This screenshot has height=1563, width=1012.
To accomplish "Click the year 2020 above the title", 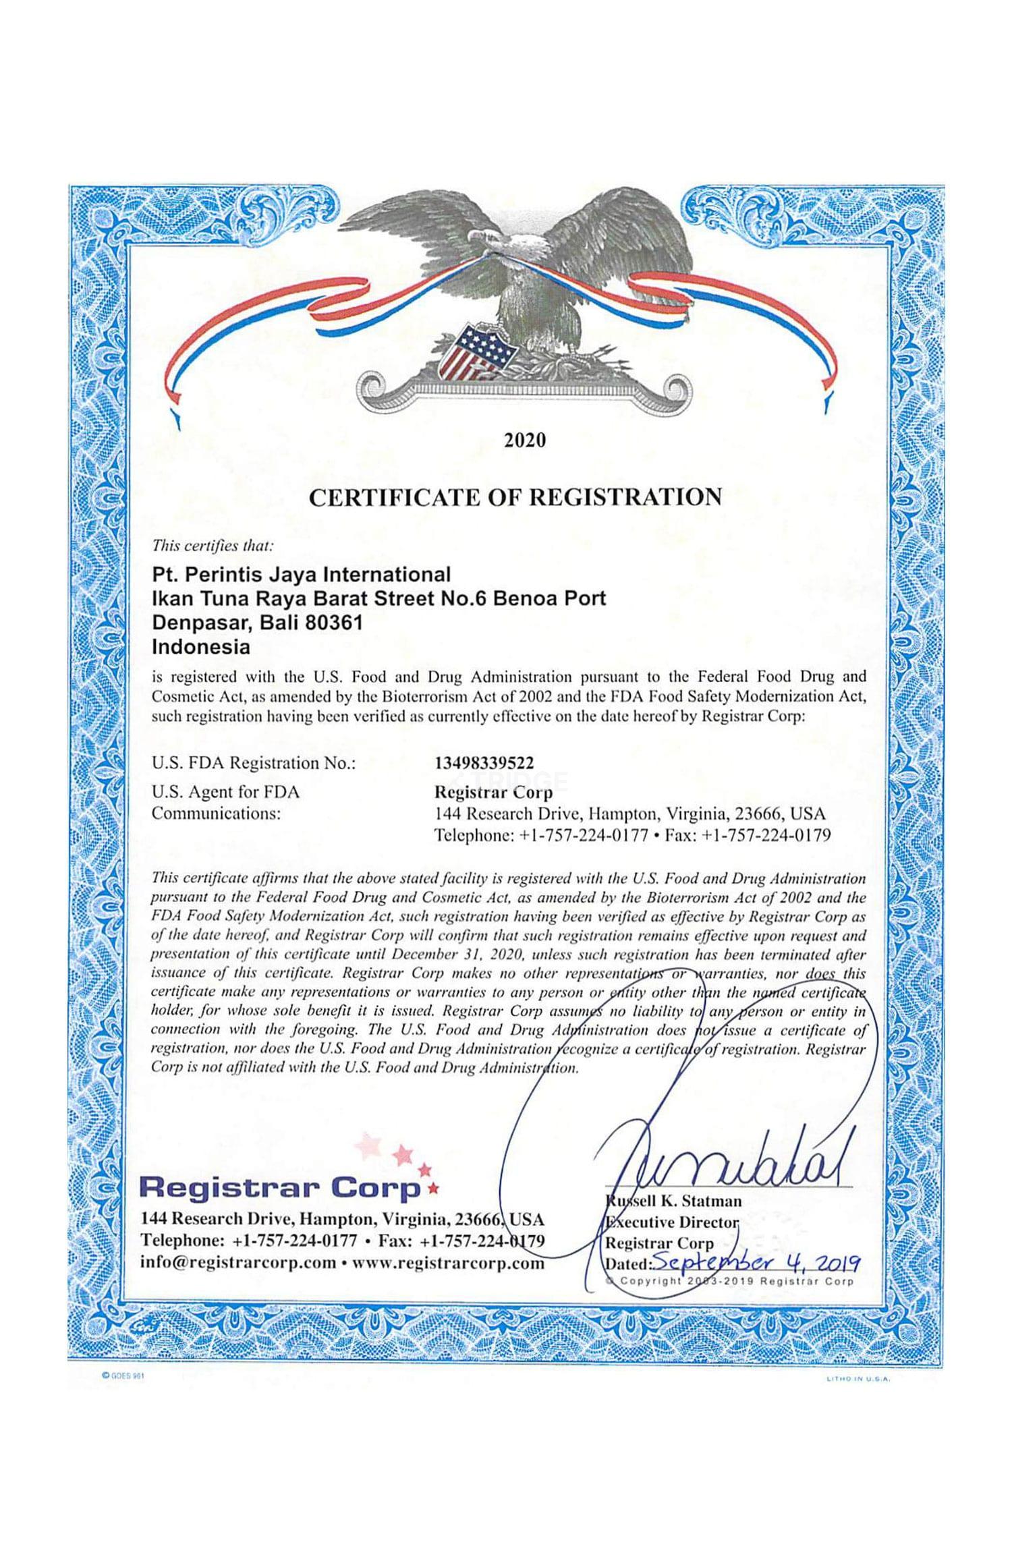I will [x=525, y=441].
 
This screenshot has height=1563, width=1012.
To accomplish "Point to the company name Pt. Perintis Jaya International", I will [x=301, y=574].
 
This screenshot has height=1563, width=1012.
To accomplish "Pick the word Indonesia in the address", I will [x=201, y=647].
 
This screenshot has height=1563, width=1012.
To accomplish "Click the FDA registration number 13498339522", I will [x=484, y=763].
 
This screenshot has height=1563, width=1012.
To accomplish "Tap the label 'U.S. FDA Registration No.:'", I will [x=254, y=763].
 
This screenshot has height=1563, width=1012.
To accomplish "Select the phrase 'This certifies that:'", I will [x=213, y=544].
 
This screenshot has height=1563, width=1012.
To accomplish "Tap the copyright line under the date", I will [x=732, y=1281].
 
